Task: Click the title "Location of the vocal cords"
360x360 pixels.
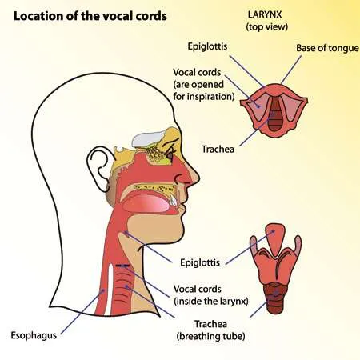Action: pyautogui.click(x=90, y=16)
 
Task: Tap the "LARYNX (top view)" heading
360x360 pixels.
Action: pyautogui.click(x=267, y=20)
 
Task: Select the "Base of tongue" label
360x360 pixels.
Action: pyautogui.click(x=327, y=48)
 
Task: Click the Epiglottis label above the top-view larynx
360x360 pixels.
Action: pyautogui.click(x=207, y=46)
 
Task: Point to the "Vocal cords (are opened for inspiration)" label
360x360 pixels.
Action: pyautogui.click(x=204, y=84)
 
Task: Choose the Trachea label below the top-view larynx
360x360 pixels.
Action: pyautogui.click(x=218, y=149)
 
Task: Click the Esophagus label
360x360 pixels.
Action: pyautogui.click(x=34, y=335)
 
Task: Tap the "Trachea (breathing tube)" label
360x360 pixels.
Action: pyautogui.click(x=210, y=330)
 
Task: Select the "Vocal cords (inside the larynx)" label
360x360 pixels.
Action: pyautogui.click(x=211, y=295)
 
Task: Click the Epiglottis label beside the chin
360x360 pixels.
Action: pyautogui.click(x=200, y=262)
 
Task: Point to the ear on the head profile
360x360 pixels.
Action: pyautogui.click(x=98, y=170)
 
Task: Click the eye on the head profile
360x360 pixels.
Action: pyautogui.click(x=170, y=154)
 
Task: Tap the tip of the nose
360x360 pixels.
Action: pyautogui.click(x=198, y=177)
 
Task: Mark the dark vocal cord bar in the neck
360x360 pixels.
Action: pyautogui.click(x=122, y=266)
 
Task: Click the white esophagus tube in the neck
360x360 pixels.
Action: pyautogui.click(x=109, y=290)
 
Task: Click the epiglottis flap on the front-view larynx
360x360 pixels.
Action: pyautogui.click(x=274, y=238)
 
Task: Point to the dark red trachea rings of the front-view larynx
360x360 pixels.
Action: pyautogui.click(x=274, y=298)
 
